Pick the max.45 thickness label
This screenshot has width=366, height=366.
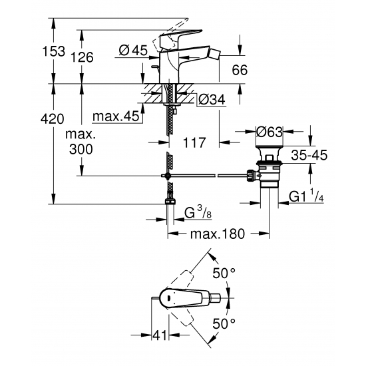(x=116, y=117)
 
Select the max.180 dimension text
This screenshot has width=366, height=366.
(x=216, y=234)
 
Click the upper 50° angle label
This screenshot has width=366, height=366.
(x=224, y=274)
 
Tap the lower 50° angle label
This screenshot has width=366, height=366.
(x=224, y=323)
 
